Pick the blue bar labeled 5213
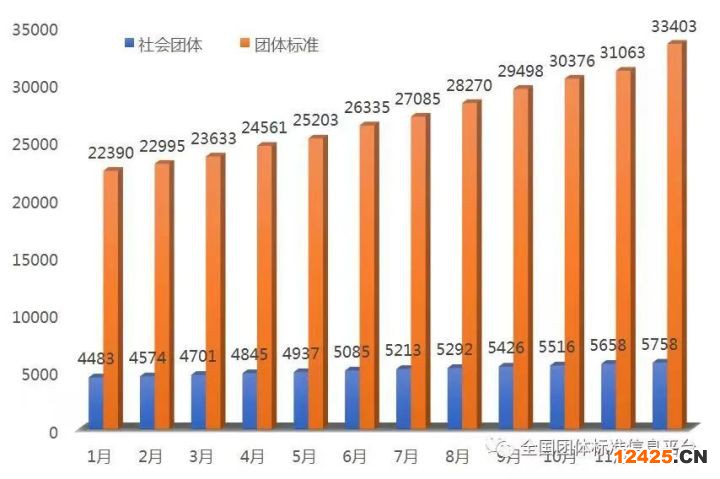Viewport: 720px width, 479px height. (403, 396)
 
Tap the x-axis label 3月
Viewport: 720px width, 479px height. (200, 456)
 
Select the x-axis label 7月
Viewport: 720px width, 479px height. (406, 456)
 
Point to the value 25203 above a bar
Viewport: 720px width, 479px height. (317, 120)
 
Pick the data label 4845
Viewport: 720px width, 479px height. (265, 355)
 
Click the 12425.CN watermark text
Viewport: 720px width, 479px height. (659, 458)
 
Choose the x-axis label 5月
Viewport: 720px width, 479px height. (303, 456)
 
